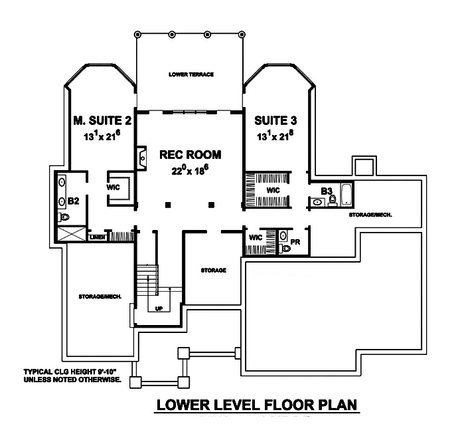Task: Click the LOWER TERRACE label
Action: click(x=191, y=74)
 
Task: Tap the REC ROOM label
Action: click(x=191, y=154)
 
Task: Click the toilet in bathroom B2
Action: click(x=64, y=217)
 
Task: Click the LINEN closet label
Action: click(x=96, y=236)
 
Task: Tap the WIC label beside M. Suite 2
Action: click(x=112, y=187)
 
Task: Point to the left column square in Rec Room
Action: click(x=169, y=204)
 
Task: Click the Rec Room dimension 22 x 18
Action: click(x=191, y=170)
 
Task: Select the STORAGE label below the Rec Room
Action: click(x=214, y=271)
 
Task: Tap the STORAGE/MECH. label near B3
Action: click(x=371, y=215)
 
